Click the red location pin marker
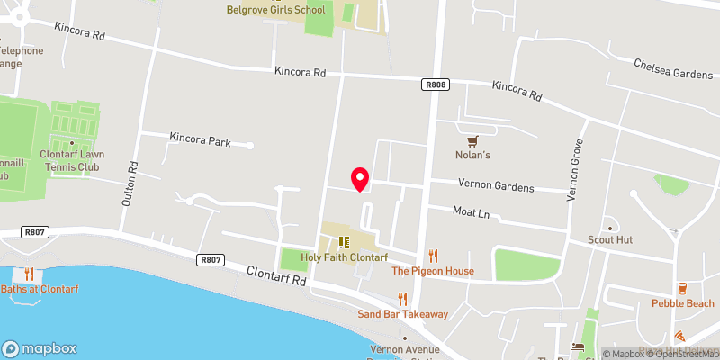360,179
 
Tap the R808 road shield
435,84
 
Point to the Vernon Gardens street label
496,187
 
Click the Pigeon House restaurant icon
433,256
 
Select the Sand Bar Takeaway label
402,314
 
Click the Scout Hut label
611,240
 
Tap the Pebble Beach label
683,303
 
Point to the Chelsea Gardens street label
671,68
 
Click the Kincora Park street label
201,141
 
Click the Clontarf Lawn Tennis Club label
72,159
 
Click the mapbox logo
39,347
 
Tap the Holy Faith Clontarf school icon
343,242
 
